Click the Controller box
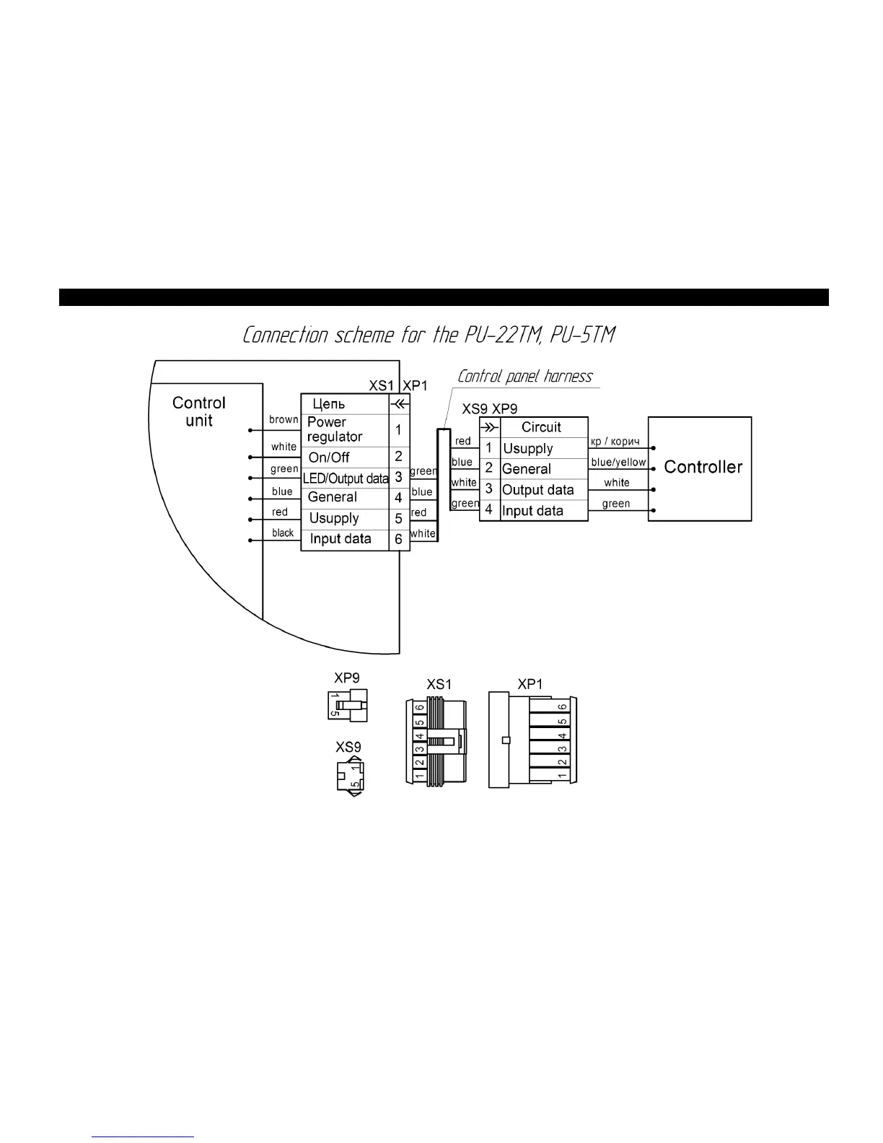tap(700, 468)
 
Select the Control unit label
tap(199, 411)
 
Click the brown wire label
tap(284, 419)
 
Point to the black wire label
tap(283, 533)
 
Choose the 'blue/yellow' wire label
tap(618, 462)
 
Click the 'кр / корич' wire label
tap(615, 441)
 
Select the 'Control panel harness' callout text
tap(525, 376)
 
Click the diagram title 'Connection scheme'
tap(429, 335)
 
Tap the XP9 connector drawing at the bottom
tap(348, 706)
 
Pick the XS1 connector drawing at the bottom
tap(437, 741)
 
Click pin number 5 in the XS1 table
tap(398, 518)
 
